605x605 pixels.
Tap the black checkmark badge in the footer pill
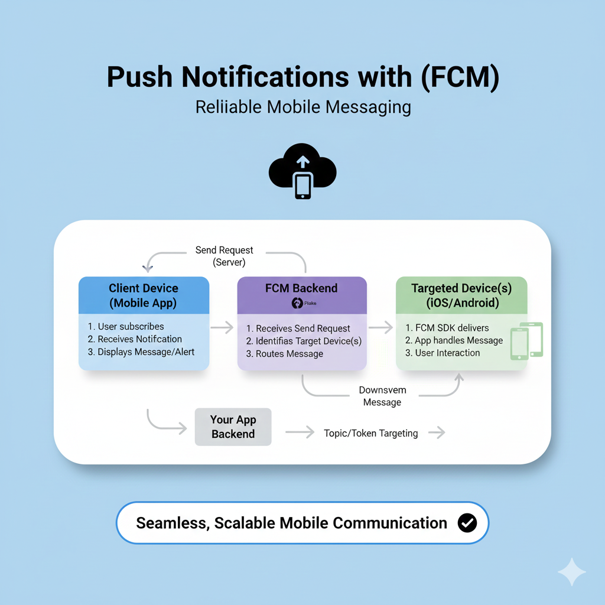467,523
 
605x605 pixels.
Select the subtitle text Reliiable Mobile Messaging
302,107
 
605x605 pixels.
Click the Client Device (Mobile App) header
144,295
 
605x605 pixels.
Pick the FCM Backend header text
301,288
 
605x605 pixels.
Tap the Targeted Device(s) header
461,295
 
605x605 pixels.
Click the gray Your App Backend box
233,427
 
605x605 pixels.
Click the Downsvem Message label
382,396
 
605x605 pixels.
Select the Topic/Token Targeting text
370,433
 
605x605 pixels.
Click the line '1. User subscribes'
126,326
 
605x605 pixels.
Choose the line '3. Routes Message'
285,354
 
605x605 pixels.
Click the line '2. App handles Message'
454,340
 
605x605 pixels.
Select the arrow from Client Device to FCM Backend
222,327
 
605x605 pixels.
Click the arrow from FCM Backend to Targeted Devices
381,327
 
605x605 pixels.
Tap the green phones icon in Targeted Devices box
526,341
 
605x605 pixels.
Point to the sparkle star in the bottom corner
572,572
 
